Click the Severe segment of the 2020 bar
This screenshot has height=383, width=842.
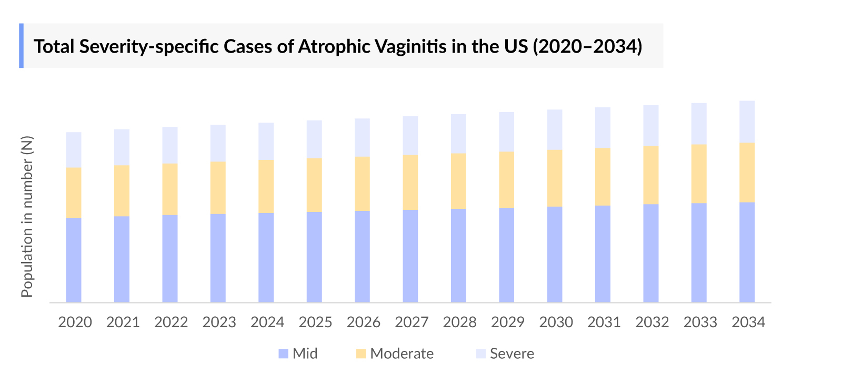(x=74, y=150)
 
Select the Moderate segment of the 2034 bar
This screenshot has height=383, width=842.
(x=747, y=173)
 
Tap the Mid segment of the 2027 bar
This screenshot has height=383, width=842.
(x=410, y=256)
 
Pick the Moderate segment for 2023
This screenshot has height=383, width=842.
(x=218, y=188)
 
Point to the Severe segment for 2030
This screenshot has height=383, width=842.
(x=555, y=130)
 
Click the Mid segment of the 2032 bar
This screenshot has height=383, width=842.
(x=651, y=253)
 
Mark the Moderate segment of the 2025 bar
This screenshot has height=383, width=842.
(x=314, y=185)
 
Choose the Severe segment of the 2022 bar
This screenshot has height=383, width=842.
(x=170, y=145)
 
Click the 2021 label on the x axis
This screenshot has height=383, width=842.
(x=123, y=322)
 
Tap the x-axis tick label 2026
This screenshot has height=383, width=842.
(x=363, y=322)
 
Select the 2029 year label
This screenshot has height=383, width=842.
(x=507, y=322)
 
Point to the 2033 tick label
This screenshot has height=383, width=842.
(x=700, y=322)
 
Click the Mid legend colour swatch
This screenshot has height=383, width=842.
(x=283, y=354)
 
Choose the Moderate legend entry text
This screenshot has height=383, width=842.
(x=402, y=354)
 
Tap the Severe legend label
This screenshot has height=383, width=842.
(x=512, y=354)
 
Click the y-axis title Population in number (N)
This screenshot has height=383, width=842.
(x=27, y=216)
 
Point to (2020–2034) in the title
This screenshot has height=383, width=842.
(x=587, y=46)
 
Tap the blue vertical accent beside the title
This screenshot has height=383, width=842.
(x=22, y=46)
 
